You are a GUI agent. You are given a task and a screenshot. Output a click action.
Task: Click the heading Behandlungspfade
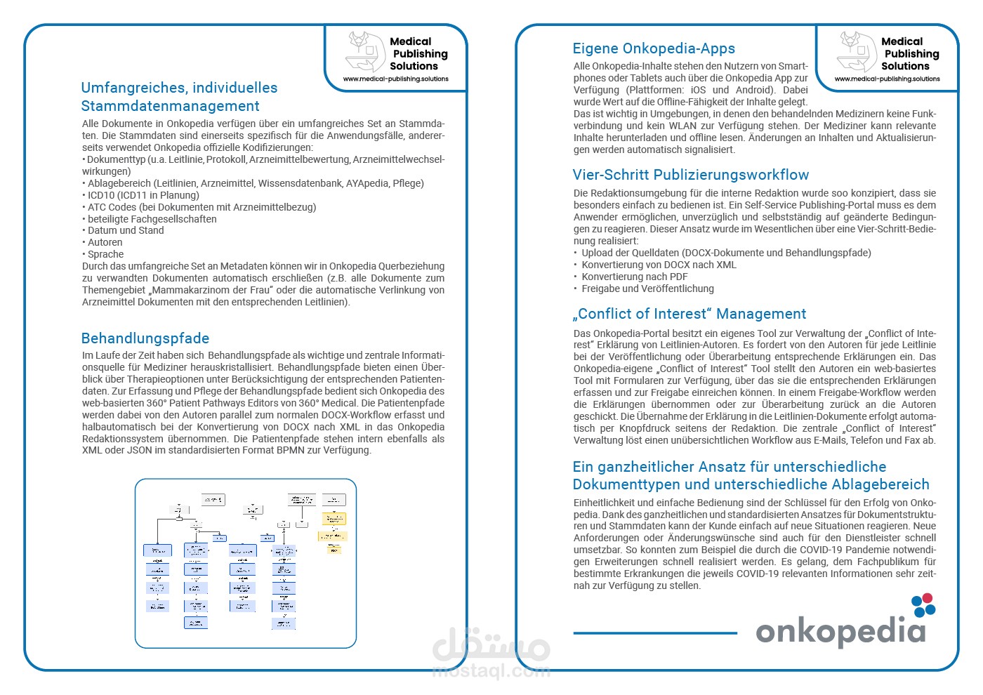point(145,338)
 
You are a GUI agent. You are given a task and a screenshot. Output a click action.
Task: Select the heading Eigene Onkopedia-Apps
point(654,48)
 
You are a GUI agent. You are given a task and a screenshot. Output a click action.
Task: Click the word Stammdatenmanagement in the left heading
point(170,106)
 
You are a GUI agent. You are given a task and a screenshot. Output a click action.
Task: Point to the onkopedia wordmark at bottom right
point(840,631)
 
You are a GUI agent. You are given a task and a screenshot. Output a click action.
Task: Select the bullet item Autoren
point(105,242)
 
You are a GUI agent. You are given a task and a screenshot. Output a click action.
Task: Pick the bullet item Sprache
point(105,254)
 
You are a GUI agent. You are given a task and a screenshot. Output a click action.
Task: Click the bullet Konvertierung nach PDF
point(634,277)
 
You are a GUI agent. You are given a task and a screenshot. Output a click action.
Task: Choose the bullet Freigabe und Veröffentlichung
point(647,289)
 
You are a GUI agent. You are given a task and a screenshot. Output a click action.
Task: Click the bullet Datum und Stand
point(125,230)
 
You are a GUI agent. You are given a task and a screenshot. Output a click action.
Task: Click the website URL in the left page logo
point(396,79)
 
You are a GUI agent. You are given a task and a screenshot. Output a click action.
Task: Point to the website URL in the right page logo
point(888,79)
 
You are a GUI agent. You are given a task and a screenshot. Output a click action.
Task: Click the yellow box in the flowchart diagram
point(334,519)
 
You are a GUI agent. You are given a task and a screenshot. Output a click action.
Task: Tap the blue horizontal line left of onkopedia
point(654,633)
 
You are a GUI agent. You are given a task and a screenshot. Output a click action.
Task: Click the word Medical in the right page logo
point(902,41)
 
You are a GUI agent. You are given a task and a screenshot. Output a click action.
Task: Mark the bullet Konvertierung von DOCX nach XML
point(659,265)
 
